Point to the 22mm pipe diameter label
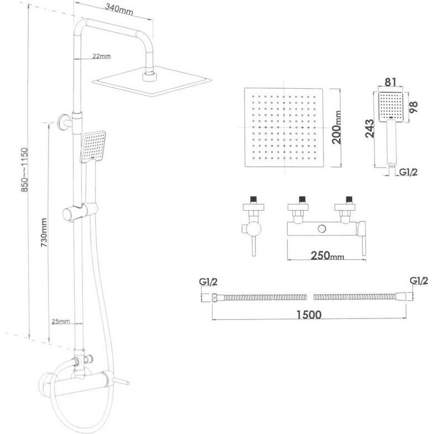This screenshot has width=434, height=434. point(101,57)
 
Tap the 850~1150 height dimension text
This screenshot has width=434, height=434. point(24,172)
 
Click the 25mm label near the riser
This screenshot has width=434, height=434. point(61,321)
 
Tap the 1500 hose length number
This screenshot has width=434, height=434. point(309,315)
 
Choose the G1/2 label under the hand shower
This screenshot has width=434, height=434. point(409,171)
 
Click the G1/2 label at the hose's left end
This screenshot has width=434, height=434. point(209,281)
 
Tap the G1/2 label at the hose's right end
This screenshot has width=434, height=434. point(418,281)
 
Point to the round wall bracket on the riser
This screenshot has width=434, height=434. point(63,121)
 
